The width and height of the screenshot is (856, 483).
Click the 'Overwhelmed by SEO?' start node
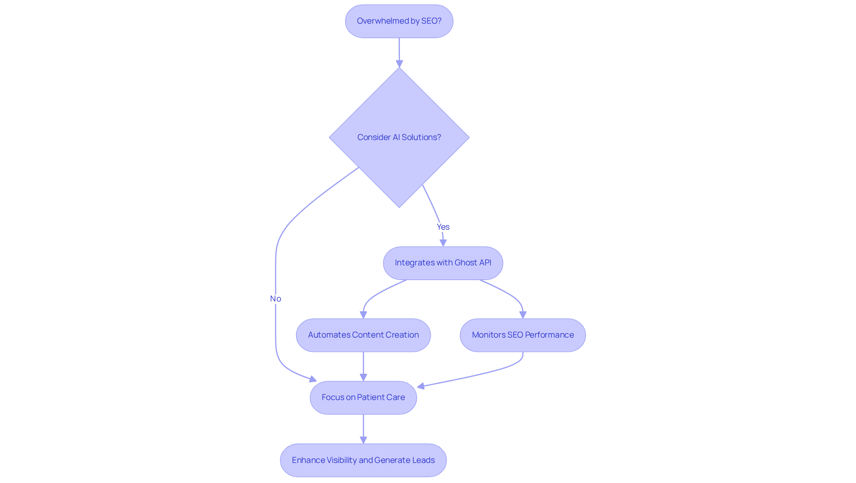[399, 21]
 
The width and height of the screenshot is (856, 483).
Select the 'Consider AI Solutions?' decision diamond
[399, 137]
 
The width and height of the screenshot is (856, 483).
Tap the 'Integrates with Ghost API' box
[443, 263]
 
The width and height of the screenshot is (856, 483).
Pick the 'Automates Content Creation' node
[363, 335]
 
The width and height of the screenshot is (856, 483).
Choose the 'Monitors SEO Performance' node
[523, 335]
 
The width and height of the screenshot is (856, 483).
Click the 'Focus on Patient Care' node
[363, 397]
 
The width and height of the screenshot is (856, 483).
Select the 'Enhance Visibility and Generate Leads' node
[363, 460]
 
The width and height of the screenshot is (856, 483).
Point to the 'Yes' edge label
[443, 227]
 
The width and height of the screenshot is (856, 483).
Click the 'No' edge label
[276, 299]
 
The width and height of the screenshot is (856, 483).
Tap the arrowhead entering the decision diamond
[399, 64]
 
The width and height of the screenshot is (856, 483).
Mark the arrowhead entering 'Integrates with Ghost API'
[443, 243]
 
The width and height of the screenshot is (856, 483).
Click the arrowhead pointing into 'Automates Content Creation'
[363, 315]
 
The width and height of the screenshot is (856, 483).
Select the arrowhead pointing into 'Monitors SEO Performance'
[523, 315]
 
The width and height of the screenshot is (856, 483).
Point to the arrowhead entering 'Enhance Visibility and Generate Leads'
[363, 440]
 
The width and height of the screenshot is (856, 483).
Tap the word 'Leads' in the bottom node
[424, 460]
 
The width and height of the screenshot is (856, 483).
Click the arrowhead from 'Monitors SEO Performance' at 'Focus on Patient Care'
[421, 386]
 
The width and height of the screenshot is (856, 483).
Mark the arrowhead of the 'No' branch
[313, 380]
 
